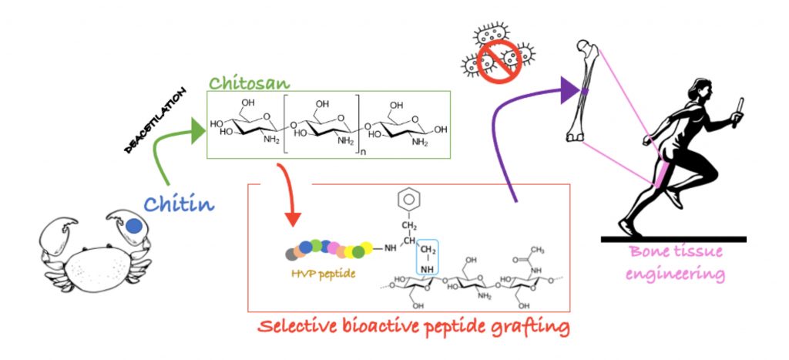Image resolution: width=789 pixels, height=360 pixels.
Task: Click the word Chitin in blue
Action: click(178, 205)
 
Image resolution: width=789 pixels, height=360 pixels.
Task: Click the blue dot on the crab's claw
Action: click(133, 226)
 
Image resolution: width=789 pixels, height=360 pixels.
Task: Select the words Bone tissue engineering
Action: click(677, 262)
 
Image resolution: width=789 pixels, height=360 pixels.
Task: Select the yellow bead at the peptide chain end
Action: click(367, 247)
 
